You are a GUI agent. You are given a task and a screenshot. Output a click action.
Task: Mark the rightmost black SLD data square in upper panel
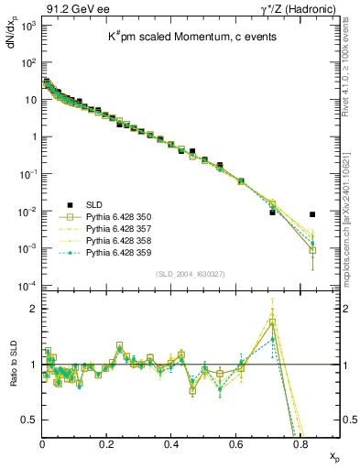[312, 215]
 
